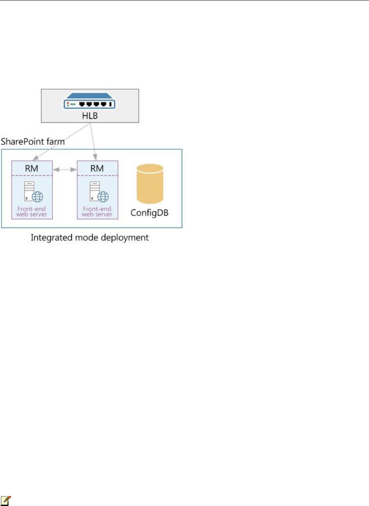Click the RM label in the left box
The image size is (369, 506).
click(32, 168)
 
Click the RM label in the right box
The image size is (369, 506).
click(97, 168)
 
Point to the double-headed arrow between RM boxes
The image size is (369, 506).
click(64, 170)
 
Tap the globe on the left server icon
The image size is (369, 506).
click(38, 196)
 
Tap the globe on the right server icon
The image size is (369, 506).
click(103, 196)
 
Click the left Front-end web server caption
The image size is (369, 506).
click(32, 211)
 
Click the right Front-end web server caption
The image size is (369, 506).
click(97, 211)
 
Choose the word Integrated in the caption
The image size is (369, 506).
click(49, 238)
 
